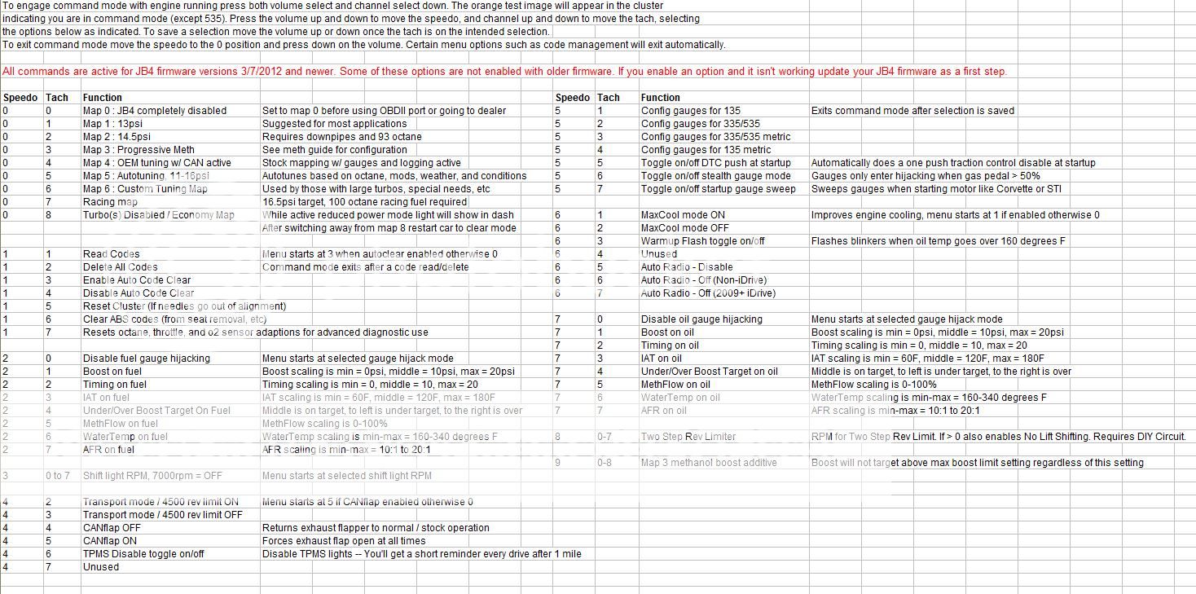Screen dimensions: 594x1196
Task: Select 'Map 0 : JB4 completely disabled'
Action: pos(154,111)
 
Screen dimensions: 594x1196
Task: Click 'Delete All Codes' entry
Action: pos(120,267)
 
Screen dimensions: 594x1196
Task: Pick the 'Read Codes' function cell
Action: pos(111,254)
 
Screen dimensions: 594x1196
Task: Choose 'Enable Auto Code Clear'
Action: pos(136,280)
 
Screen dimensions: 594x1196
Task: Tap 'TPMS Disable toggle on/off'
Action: pos(143,554)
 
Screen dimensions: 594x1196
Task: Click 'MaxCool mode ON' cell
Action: pos(683,215)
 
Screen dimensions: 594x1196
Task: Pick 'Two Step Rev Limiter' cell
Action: pos(688,437)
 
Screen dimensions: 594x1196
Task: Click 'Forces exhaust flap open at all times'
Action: pos(343,541)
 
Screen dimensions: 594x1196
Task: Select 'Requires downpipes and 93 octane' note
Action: pos(342,137)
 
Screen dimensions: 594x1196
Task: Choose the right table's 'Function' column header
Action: pos(660,98)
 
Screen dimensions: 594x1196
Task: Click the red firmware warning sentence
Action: pos(504,72)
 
